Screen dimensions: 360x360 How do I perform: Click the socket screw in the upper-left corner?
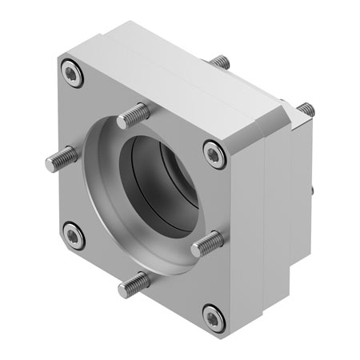tap(74, 75)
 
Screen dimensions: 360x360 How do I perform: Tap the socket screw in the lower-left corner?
tap(74, 236)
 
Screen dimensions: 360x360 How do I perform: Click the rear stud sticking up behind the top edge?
tap(221, 62)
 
